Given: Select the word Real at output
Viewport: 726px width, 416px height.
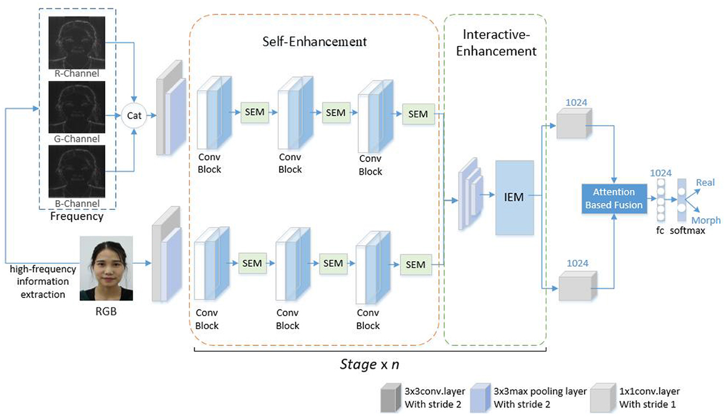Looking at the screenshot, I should click(705, 182).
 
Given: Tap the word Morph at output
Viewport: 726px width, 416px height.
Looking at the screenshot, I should click(705, 221).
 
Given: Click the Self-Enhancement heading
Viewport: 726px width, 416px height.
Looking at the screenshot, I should click(314, 42).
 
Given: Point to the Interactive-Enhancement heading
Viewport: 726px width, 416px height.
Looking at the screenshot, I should click(495, 42).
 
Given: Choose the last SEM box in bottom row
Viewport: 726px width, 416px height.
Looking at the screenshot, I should click(416, 265).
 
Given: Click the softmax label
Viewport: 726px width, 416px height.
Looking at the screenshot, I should click(687, 230).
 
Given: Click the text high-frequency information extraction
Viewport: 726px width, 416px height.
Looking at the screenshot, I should click(38, 281).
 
